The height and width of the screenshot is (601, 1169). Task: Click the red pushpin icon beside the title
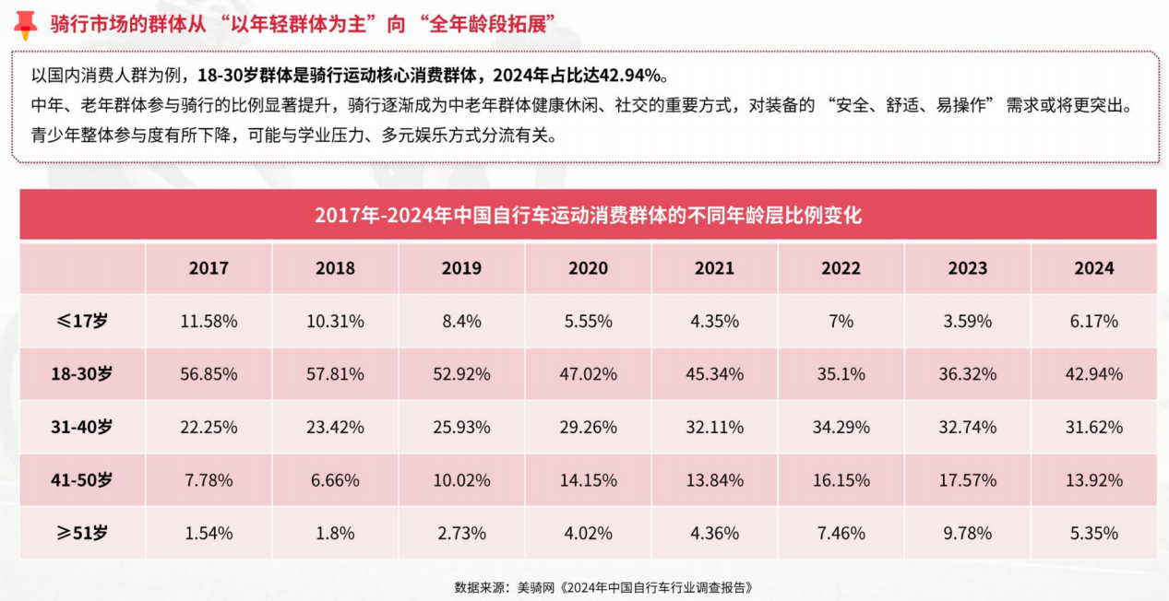tap(25, 25)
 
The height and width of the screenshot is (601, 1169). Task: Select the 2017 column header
tap(209, 268)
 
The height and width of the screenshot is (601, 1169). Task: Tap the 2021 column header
tap(714, 268)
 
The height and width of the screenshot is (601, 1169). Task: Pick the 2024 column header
tap(1094, 268)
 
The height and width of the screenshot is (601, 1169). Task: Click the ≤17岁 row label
tap(82, 322)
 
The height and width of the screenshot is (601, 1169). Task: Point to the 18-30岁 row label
tap(82, 374)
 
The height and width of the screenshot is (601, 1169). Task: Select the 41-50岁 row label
tap(82, 480)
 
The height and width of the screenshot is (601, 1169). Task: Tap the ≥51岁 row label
tap(82, 533)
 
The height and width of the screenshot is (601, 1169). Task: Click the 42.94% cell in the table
tap(1094, 374)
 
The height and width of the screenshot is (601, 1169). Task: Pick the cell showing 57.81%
tap(335, 374)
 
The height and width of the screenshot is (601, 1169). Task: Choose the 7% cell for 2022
tap(841, 322)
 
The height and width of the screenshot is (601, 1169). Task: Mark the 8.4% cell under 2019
tap(461, 322)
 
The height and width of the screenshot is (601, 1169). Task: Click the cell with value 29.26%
tap(588, 428)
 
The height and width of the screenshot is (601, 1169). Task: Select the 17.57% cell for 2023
tap(967, 480)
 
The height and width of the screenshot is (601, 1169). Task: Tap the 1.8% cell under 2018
tap(335, 533)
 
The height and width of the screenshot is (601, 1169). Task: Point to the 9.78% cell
tap(967, 533)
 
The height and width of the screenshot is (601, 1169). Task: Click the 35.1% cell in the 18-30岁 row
tap(841, 374)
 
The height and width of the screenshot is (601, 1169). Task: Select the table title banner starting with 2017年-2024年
tap(588, 216)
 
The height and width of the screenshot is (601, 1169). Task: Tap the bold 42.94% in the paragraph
tap(631, 75)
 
